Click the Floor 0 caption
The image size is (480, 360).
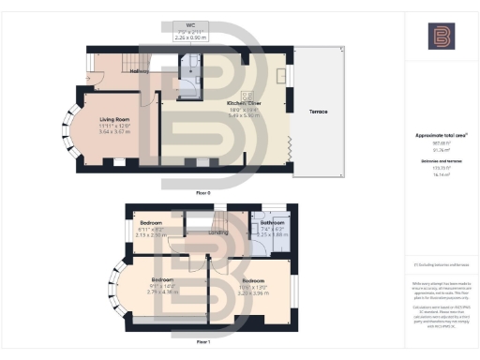click(x=203, y=191)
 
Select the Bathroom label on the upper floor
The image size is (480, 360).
click(x=272, y=224)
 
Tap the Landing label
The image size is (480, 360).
click(x=217, y=232)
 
